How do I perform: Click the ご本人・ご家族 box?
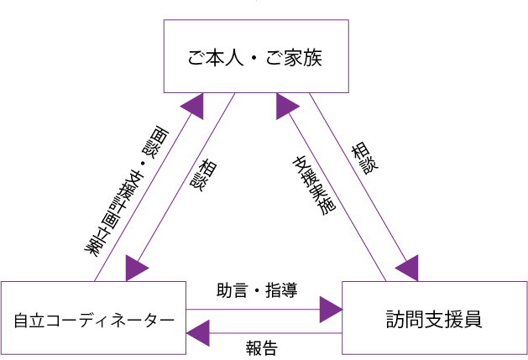click(x=255, y=56)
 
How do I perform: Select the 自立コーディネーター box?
click(x=92, y=319)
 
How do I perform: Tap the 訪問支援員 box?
click(x=434, y=319)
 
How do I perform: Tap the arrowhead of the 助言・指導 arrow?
click(x=332, y=310)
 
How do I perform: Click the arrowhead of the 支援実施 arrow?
click(x=288, y=105)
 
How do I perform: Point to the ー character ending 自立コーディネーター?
click(x=166, y=321)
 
